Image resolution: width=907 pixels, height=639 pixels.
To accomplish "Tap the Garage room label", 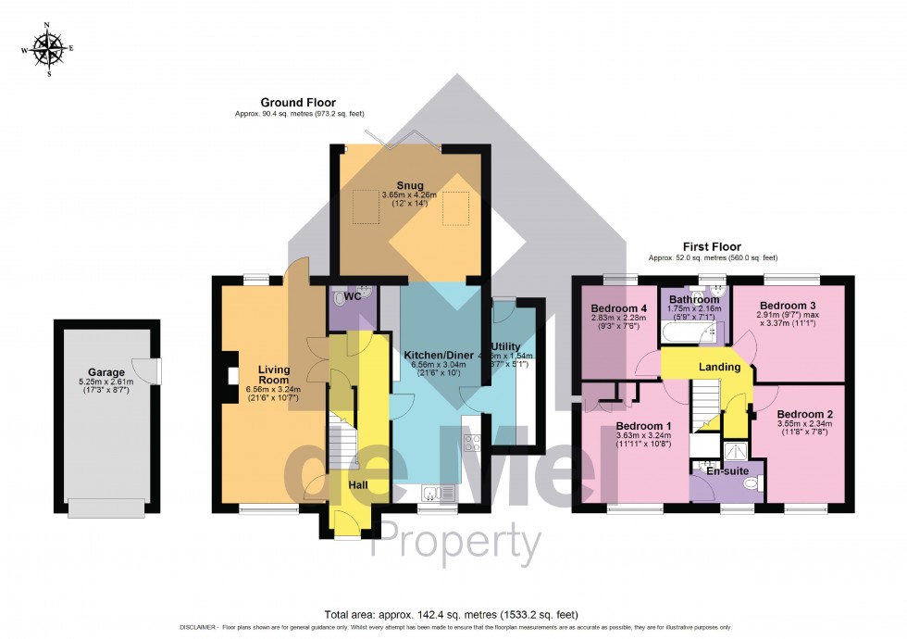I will [106, 372].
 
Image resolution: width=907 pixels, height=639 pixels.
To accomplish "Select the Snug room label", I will [410, 185].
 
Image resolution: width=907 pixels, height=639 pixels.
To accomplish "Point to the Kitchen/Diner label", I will [439, 355].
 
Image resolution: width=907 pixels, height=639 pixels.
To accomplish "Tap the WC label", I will [352, 297].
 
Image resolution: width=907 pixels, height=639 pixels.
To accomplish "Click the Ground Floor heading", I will [298, 103].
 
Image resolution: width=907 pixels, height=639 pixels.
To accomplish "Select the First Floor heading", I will [713, 247].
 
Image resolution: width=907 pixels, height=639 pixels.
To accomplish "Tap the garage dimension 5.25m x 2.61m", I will [106, 382].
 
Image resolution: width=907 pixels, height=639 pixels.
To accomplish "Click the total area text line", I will [453, 613].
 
